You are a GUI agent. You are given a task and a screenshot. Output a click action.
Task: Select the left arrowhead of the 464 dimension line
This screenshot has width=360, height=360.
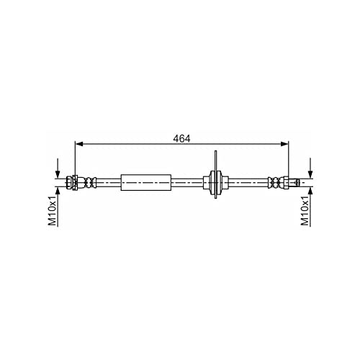point(79,144)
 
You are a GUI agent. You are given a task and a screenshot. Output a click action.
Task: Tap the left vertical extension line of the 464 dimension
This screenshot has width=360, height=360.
point(75,158)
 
